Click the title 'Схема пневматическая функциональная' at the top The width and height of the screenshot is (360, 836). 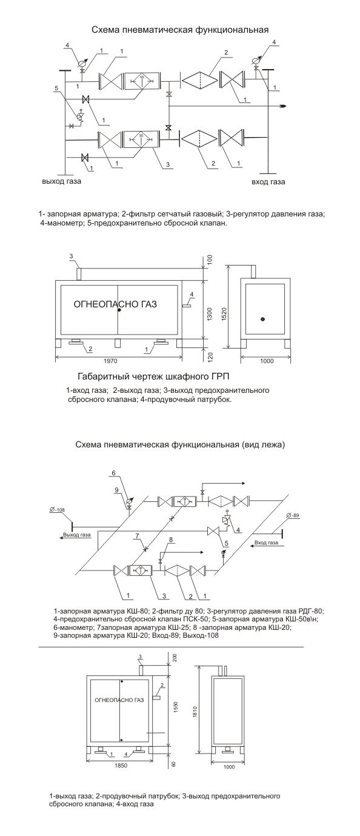pos(180,30)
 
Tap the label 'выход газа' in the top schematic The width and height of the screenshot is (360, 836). pos(62,181)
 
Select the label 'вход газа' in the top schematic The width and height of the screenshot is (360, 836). pos(268,182)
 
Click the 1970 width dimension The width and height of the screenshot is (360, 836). pos(111,361)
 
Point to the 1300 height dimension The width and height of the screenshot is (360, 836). pos(209,314)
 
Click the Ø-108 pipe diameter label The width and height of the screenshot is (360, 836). pos(57,510)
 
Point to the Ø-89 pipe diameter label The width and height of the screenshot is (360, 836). pos(293,515)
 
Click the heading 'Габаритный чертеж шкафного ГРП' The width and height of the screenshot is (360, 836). pos(153,376)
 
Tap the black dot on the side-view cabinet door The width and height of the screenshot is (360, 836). pos(263,319)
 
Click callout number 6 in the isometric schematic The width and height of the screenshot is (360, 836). pos(114,473)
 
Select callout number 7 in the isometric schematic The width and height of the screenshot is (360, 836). pos(138,537)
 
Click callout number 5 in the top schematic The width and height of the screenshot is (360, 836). pos(56,89)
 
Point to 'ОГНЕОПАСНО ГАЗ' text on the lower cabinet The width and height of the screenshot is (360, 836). pos(119,700)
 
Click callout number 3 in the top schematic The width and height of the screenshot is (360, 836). pos(168,164)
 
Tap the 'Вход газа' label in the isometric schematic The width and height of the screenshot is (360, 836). pos(266,543)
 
